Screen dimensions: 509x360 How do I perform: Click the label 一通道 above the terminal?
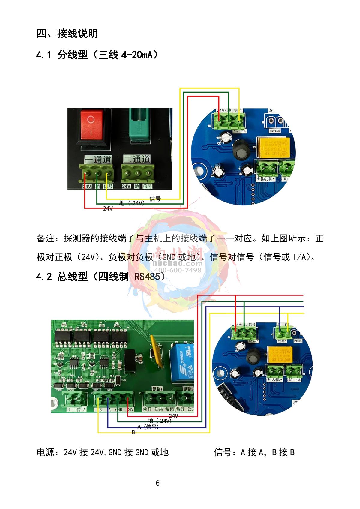[x=98, y=159]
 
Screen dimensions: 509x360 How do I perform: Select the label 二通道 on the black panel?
[x=137, y=159]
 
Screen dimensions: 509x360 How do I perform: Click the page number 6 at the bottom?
[x=158, y=483]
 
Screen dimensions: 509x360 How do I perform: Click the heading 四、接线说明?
[x=67, y=34]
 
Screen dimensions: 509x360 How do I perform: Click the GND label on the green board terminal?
[x=118, y=409]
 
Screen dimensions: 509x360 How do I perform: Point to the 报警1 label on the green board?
[x=157, y=389]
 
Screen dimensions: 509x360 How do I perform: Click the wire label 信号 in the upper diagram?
[x=155, y=199]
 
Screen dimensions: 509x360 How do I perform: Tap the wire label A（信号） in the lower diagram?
[x=148, y=427]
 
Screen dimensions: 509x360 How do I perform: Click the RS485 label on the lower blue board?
[x=282, y=341]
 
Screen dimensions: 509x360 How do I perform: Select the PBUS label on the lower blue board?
[x=298, y=341]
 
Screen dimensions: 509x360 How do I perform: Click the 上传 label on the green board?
[x=76, y=409]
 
